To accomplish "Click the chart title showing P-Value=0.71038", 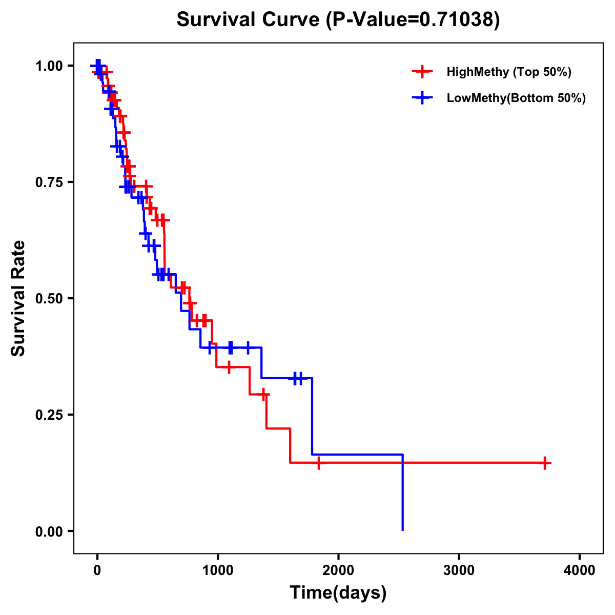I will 338,20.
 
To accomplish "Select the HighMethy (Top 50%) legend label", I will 509,72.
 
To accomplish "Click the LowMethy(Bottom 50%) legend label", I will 516,98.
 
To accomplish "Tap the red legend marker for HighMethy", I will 422,72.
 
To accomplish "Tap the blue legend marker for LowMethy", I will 422,98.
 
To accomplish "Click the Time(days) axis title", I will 338,593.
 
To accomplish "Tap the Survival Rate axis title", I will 18,298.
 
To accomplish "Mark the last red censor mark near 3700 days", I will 545,463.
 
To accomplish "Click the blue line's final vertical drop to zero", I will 403,492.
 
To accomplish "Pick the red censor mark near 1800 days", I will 318,463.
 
